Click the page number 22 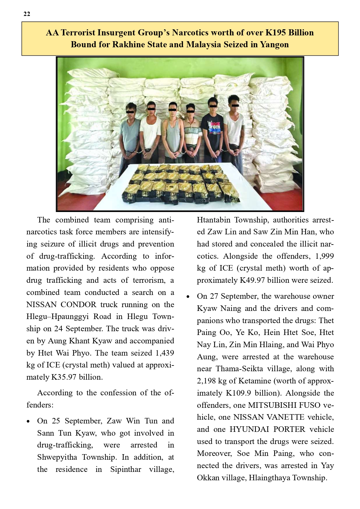[27, 14]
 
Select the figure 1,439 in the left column [164, 353]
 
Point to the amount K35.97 [64, 377]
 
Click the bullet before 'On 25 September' [28, 421]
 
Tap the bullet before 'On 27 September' [188, 297]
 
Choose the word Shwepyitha [57, 457]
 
